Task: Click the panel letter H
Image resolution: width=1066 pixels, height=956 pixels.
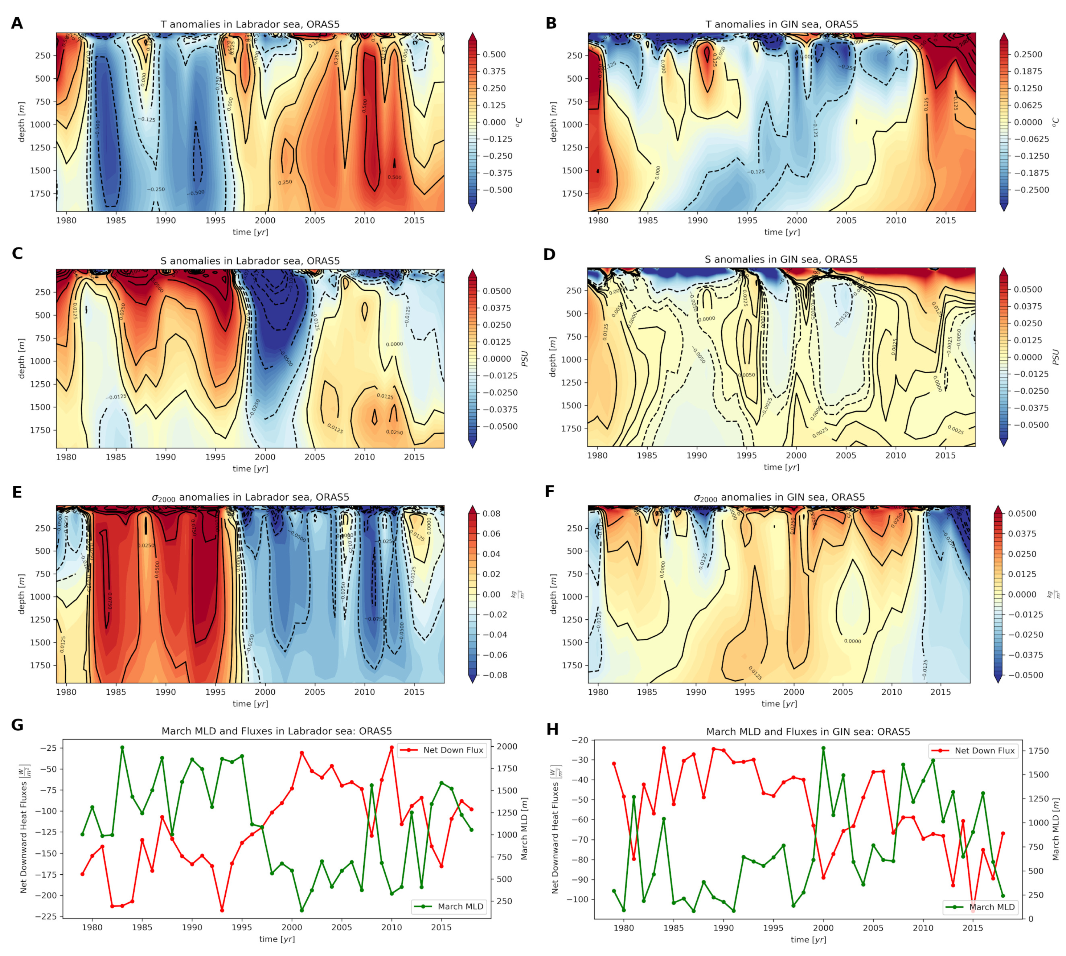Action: [x=552, y=730]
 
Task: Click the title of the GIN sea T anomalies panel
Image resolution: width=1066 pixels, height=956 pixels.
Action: [x=781, y=24]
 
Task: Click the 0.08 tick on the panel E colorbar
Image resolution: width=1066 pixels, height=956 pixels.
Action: [x=491, y=514]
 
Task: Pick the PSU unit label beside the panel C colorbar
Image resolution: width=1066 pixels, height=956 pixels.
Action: [x=524, y=359]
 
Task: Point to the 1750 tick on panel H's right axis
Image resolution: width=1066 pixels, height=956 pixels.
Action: [x=1038, y=751]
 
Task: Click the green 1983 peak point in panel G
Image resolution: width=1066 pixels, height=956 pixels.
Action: [x=122, y=747]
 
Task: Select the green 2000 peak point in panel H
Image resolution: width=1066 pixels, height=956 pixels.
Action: [x=823, y=748]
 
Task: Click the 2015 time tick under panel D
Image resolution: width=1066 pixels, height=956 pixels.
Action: [x=945, y=455]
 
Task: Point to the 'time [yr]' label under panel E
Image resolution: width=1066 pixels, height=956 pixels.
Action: [x=250, y=704]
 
